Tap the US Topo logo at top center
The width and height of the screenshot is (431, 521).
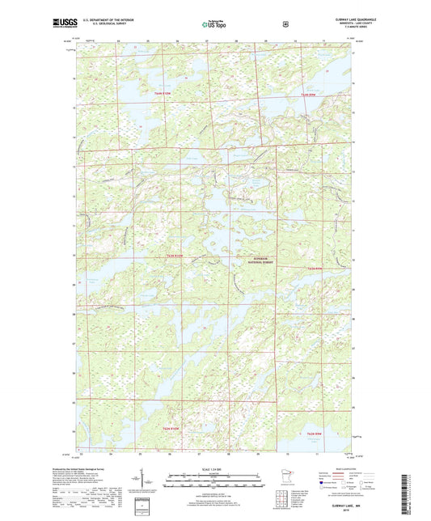[x=213, y=25]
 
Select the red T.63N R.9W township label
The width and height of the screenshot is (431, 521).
[x=312, y=95]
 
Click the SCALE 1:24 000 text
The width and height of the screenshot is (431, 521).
[x=214, y=469]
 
